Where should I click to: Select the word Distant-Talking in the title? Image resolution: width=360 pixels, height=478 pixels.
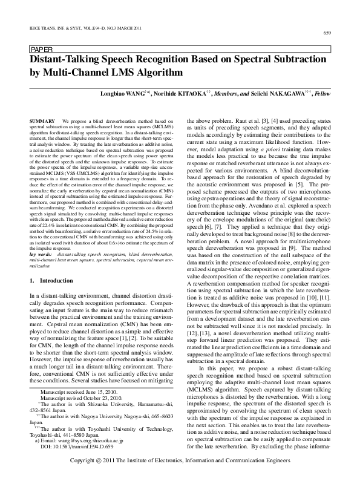pos(64,61)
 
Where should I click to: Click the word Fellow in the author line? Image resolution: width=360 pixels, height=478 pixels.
pos(321,95)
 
